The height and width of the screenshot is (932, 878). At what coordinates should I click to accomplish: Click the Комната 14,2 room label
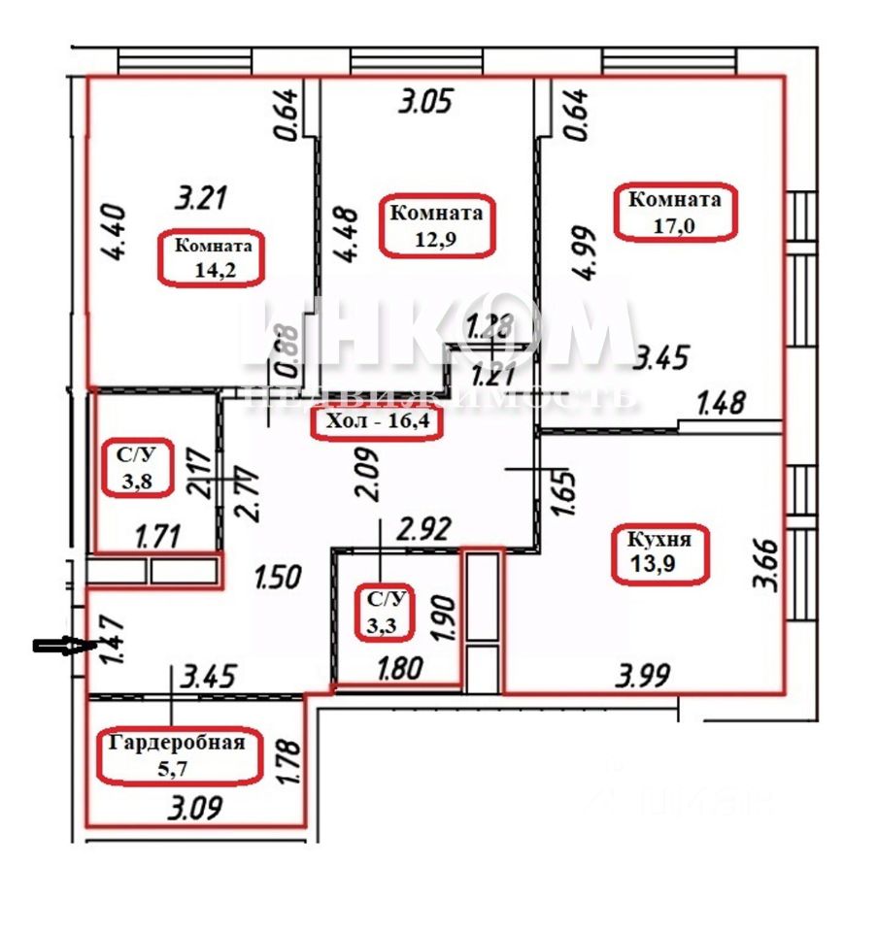[x=212, y=258]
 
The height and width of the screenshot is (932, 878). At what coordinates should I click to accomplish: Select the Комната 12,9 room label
[x=431, y=224]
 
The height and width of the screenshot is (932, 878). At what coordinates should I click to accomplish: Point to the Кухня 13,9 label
[x=659, y=554]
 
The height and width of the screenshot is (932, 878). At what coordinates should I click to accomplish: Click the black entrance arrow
[x=58, y=647]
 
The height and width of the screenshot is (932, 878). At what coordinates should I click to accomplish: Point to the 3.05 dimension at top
[x=424, y=102]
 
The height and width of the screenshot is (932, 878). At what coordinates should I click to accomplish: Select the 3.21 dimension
[x=201, y=199]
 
